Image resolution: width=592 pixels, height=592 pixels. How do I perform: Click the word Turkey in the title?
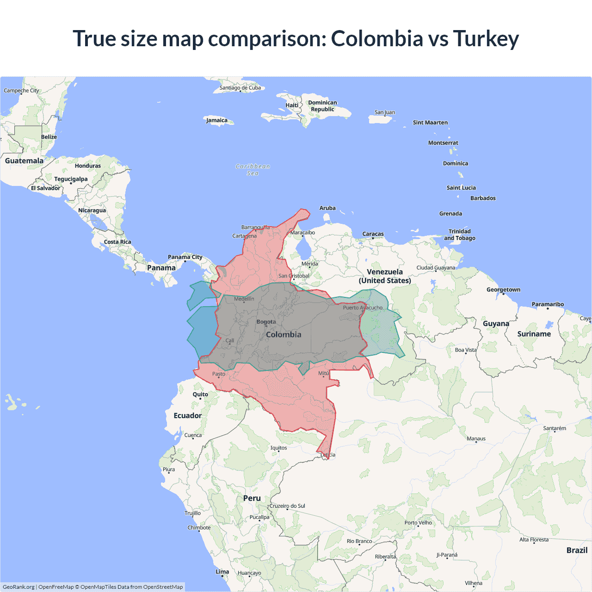click(486, 39)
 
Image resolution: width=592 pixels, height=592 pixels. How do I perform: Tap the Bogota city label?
click(266, 322)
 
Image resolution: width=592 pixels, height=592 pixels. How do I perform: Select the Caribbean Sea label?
click(253, 170)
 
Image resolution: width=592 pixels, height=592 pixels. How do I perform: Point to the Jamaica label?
click(216, 120)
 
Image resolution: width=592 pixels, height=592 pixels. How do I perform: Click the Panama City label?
click(185, 257)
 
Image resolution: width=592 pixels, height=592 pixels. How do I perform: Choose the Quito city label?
click(200, 395)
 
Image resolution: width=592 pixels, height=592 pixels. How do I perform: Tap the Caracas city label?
click(373, 234)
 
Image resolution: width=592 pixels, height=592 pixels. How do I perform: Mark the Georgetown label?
click(503, 290)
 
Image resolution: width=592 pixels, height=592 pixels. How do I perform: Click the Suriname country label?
click(534, 334)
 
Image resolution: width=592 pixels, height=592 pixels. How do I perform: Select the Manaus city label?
click(476, 438)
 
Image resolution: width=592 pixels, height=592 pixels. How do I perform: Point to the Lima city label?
click(222, 572)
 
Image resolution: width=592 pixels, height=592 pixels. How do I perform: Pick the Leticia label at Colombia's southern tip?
click(328, 455)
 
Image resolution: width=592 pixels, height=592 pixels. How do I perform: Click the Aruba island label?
click(327, 208)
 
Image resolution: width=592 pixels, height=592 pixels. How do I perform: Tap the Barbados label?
click(483, 198)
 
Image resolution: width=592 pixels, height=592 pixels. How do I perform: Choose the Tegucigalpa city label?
click(71, 179)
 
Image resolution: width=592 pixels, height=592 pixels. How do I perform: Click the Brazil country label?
click(577, 550)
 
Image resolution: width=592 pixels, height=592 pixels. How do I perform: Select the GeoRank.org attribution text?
click(18, 587)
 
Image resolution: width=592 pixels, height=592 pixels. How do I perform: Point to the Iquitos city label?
click(278, 448)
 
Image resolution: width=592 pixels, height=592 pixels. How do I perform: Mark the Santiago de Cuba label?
click(240, 88)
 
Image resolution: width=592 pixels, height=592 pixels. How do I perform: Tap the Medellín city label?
click(244, 299)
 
